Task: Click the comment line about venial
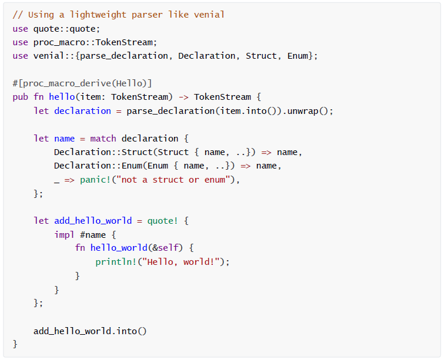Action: click(x=118, y=14)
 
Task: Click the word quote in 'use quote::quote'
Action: click(x=46, y=28)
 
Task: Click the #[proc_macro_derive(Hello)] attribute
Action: click(x=82, y=83)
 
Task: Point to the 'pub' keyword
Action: click(x=21, y=97)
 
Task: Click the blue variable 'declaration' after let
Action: click(x=82, y=110)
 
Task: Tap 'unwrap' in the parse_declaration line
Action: click(x=303, y=110)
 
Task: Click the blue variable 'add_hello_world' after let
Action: click(x=93, y=221)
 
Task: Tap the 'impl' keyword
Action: click(x=64, y=235)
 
